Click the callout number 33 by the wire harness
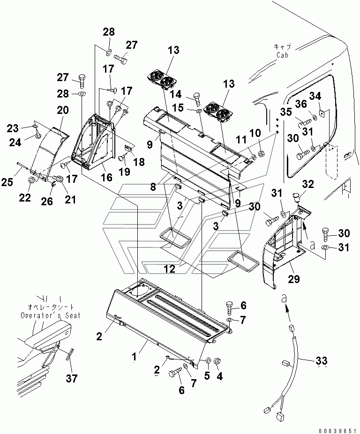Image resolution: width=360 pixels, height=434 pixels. tap(321, 361)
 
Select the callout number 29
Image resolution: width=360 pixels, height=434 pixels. tap(294, 279)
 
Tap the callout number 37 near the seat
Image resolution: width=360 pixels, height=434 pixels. tap(71, 378)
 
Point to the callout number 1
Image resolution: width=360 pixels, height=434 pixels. tap(135, 358)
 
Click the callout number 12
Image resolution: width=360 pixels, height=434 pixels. tap(170, 268)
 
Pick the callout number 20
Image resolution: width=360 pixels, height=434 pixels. tap(63, 110)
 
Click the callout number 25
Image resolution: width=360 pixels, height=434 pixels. tap(7, 182)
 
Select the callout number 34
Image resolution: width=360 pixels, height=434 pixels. tap(315, 96)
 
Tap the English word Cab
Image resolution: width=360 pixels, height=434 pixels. tap(282, 55)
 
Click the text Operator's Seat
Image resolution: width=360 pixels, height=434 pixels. tap(51, 315)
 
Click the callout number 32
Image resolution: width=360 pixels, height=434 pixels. tap(308, 184)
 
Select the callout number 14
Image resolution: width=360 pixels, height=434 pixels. tap(176, 94)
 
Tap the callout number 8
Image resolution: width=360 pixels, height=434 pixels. tap(153, 187)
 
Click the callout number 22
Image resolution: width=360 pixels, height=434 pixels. tap(25, 197)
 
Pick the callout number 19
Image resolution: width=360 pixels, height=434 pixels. tap(125, 172)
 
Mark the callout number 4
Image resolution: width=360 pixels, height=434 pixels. tap(220, 376)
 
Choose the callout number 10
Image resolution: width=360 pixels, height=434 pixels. tap(255, 133)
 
